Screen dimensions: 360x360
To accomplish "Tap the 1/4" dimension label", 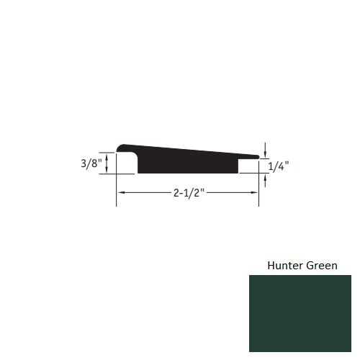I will click(x=279, y=166).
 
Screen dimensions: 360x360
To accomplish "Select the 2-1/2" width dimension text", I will click(x=189, y=194).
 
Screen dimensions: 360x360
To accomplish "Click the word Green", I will click(x=320, y=266).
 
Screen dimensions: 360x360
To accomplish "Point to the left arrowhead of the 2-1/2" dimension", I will click(x=121, y=194).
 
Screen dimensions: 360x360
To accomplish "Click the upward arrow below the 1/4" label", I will click(x=266, y=181).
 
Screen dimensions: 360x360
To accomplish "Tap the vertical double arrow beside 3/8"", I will click(x=107, y=163).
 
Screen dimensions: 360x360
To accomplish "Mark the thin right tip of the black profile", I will click(x=256, y=156).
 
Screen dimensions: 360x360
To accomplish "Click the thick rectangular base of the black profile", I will click(x=187, y=166).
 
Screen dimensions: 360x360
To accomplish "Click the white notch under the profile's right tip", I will click(x=249, y=166).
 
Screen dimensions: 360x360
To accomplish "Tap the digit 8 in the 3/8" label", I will click(x=97, y=163).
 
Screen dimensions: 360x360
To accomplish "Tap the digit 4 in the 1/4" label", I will click(x=282, y=166).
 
